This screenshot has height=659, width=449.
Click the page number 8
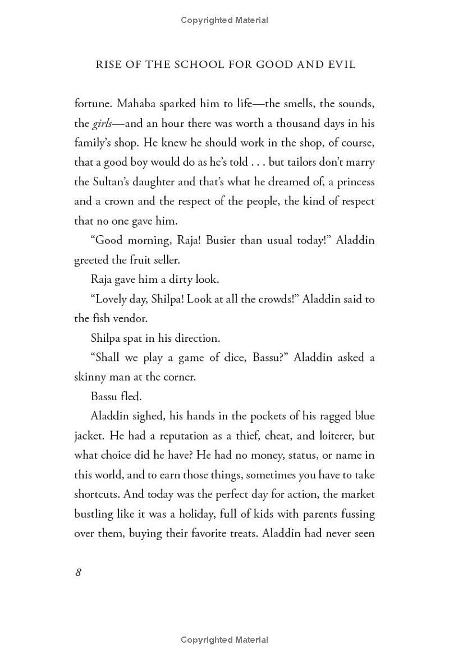tap(79, 573)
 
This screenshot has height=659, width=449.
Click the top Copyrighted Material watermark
tap(224, 20)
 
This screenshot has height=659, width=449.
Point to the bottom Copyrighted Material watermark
tap(224, 640)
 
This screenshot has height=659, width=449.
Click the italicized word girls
tap(102, 123)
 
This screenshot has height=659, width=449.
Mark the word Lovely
tap(113, 299)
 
